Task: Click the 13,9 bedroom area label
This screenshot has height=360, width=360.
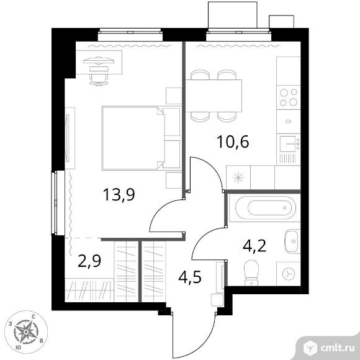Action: pyautogui.click(x=119, y=195)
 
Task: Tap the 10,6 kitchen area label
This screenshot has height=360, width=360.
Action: pyautogui.click(x=233, y=142)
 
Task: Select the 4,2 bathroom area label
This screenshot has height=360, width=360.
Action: pyautogui.click(x=254, y=246)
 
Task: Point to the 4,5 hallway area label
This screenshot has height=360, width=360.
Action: pyautogui.click(x=190, y=277)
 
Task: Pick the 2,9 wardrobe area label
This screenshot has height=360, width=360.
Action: pyautogui.click(x=89, y=261)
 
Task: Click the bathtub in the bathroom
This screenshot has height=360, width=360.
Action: pyautogui.click(x=264, y=208)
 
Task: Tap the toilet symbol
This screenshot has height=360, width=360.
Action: pyautogui.click(x=251, y=272)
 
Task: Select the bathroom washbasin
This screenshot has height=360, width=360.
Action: pyautogui.click(x=292, y=241)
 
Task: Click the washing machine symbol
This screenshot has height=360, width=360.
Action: pyautogui.click(x=289, y=274)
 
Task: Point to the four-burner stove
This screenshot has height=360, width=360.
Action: pyautogui.click(x=289, y=97)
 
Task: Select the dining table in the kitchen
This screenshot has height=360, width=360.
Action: pyautogui.click(x=214, y=96)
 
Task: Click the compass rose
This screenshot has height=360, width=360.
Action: pyautogui.click(x=26, y=332)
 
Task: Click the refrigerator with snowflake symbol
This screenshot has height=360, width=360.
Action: pyautogui.click(x=238, y=178)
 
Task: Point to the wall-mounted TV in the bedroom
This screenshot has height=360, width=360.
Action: pyautogui.click(x=68, y=138)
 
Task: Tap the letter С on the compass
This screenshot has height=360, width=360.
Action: pyautogui.click(x=34, y=317)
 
